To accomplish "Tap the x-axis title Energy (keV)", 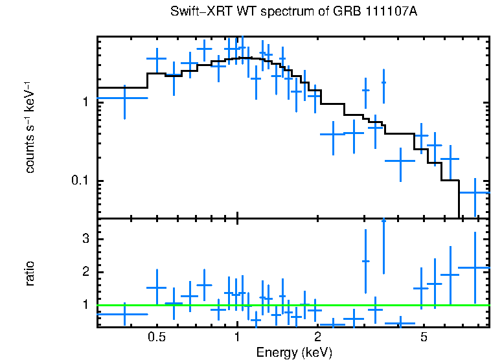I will (x=294, y=352).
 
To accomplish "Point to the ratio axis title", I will (x=30, y=273).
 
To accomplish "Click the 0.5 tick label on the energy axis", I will (x=156, y=337).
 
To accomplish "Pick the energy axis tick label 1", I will (x=237, y=337).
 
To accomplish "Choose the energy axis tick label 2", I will (x=318, y=337).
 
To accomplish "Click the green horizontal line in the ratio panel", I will (x=291, y=304).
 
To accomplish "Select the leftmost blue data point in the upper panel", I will (x=124, y=98).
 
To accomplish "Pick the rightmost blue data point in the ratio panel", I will (x=475, y=267).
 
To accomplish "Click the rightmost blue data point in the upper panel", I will (x=475, y=192).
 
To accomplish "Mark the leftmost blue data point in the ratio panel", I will (x=124, y=313).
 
